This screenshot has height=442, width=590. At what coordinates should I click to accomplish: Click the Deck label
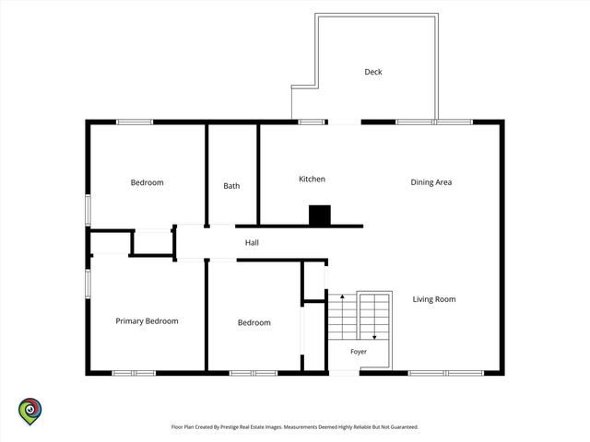[372, 72]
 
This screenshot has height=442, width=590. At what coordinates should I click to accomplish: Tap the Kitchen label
[312, 179]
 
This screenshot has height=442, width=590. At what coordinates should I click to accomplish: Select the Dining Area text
[431, 182]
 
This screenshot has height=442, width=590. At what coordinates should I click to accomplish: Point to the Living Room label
[434, 299]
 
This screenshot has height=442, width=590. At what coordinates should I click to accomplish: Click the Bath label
[231, 186]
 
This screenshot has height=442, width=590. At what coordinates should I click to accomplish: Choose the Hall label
[252, 243]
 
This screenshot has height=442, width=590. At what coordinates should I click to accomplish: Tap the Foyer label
[359, 352]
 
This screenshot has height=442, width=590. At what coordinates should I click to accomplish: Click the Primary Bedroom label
[147, 321]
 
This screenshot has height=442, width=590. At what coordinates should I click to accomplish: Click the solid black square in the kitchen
[320, 215]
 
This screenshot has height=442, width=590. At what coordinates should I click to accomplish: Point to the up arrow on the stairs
[342, 315]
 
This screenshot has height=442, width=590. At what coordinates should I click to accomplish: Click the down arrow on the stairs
[374, 317]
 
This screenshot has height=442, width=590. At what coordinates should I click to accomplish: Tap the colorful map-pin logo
[30, 412]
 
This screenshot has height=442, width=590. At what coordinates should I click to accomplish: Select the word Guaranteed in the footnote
[405, 427]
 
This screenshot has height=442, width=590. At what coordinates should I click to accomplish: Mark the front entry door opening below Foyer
[344, 373]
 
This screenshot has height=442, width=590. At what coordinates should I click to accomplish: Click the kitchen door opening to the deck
[344, 122]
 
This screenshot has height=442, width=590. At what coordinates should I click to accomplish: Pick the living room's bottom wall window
[446, 373]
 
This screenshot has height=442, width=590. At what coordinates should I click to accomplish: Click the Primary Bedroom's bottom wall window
[134, 373]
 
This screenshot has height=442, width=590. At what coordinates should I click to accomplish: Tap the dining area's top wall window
[434, 122]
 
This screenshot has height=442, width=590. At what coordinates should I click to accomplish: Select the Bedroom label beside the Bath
[147, 182]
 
